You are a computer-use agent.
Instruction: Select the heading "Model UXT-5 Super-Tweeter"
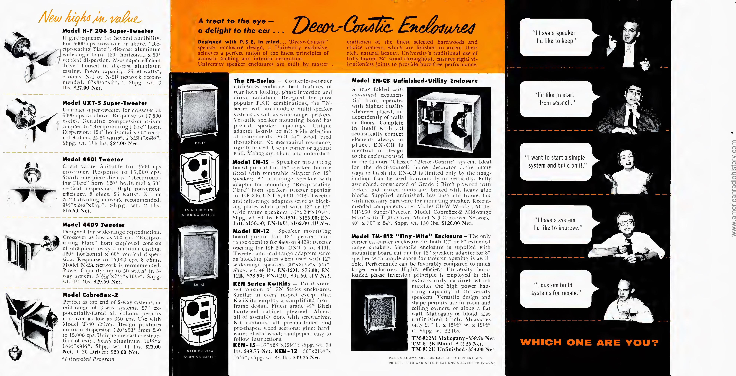click(x=105, y=103)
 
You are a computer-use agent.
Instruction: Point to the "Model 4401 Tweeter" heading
click(x=92, y=159)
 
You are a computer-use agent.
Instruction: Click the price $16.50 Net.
click(x=77, y=211)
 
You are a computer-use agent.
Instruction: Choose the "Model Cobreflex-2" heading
click(x=90, y=295)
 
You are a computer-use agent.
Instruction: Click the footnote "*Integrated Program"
click(x=88, y=359)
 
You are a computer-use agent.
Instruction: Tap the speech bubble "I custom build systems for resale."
click(x=556, y=289)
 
